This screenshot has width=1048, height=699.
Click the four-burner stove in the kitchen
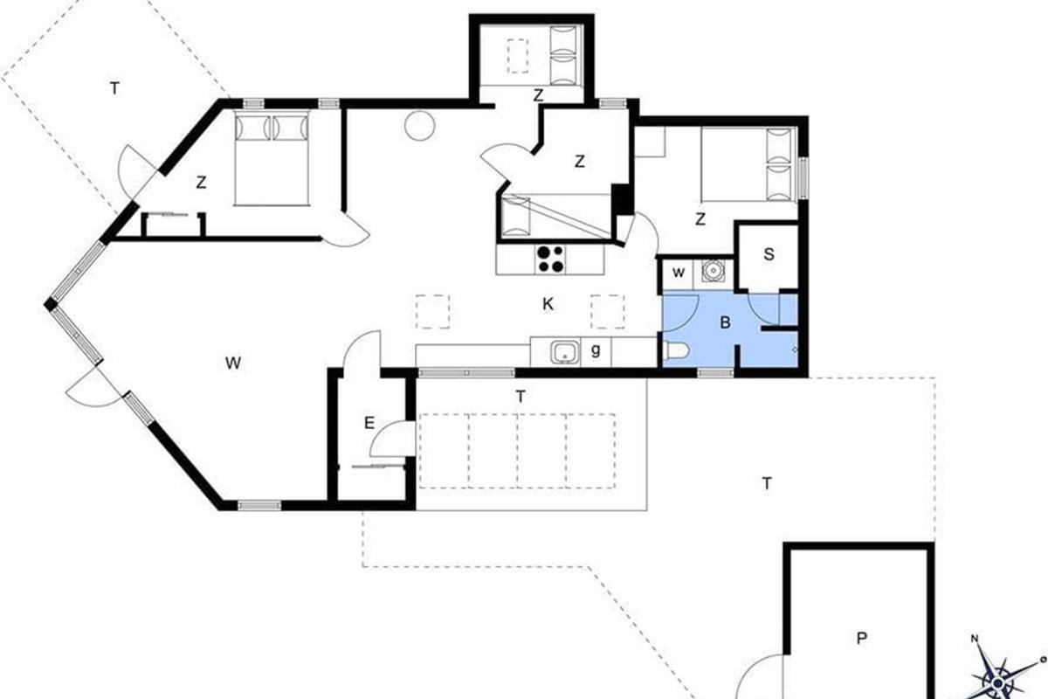[550, 260]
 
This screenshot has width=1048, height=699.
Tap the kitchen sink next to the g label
[566, 352]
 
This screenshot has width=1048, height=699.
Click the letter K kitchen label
[548, 304]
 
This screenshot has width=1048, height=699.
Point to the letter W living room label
[233, 363]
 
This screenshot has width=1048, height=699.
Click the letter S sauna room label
[769, 254]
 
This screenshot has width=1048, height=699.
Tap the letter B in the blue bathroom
[725, 322]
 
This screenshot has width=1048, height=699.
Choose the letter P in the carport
[861, 638]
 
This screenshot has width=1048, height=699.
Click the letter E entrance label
[369, 423]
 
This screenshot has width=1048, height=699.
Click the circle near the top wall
[420, 126]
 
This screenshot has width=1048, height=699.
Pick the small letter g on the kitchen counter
[595, 349]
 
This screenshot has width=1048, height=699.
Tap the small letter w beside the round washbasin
[679, 273]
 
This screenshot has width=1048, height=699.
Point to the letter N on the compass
[975, 638]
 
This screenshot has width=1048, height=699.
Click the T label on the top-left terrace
[114, 88]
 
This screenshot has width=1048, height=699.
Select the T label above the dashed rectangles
[521, 397]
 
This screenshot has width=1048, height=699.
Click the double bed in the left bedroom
[272, 159]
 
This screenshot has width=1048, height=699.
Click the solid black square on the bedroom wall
[621, 199]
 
